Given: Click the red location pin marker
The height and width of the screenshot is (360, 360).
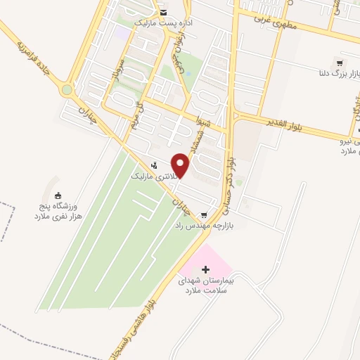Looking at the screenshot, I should [181, 166].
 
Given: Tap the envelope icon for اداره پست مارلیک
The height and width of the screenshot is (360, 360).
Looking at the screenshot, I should [163, 12].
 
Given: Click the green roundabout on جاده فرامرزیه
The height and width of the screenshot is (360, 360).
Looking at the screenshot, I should [67, 90].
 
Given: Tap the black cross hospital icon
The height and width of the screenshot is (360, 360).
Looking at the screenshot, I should [205, 269].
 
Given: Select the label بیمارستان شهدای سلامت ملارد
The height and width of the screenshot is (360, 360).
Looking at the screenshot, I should [207, 285].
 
